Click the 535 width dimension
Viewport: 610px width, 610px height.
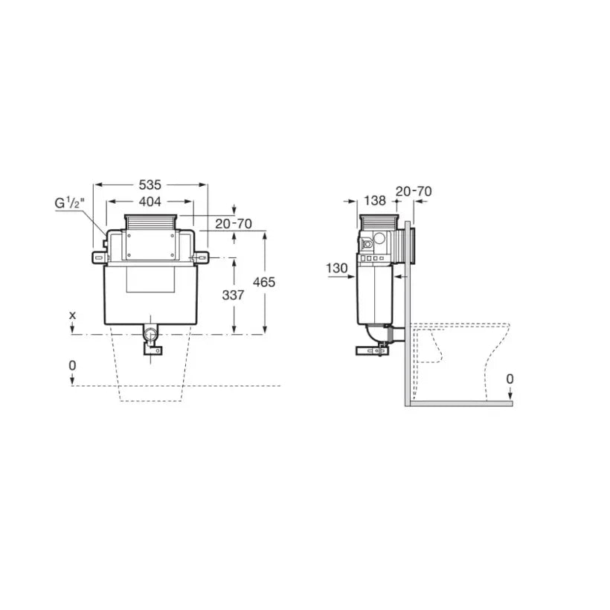[150, 184]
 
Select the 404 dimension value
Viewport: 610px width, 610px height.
[150, 202]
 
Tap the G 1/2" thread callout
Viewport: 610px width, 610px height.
[70, 203]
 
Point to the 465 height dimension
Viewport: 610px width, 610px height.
[264, 282]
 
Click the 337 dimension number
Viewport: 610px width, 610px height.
[233, 295]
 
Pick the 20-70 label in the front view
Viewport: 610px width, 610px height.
[234, 224]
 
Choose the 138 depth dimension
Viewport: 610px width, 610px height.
[375, 201]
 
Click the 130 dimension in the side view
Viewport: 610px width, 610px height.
[336, 268]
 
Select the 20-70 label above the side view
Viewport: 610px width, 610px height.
[414, 191]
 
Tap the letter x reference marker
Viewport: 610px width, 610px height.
[73, 315]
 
